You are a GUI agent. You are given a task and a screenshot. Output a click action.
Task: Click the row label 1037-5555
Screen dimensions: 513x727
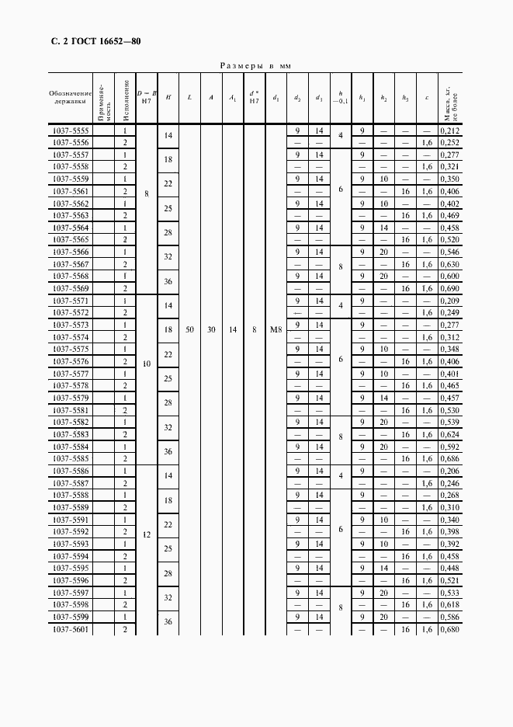coord(70,131)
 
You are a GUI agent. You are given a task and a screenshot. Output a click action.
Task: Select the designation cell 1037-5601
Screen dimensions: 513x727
coord(70,628)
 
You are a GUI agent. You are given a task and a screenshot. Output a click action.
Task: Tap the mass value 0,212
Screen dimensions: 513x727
coord(449,131)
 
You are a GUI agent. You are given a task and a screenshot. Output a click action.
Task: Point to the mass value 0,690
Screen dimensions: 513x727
coord(449,288)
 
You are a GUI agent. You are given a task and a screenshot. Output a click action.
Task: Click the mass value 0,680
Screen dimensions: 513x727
coord(449,628)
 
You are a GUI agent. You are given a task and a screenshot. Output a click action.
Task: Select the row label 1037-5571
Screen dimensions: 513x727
coord(70,301)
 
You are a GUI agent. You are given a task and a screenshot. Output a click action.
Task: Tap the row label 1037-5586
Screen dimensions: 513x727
coord(70,471)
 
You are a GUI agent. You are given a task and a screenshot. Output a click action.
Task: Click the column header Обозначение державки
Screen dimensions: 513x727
coord(70,97)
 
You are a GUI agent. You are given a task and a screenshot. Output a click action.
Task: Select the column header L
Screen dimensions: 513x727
coord(189,97)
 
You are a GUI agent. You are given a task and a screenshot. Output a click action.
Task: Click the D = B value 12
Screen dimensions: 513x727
coord(147,534)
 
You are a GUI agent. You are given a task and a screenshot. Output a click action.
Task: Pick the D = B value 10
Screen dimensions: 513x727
coord(147,362)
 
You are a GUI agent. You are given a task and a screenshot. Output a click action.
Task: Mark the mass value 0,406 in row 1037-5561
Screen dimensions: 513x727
coord(449,191)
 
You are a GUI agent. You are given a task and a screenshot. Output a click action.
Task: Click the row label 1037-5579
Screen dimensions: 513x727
coord(70,398)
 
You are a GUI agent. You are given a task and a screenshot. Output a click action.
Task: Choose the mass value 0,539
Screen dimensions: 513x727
coord(449,422)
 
